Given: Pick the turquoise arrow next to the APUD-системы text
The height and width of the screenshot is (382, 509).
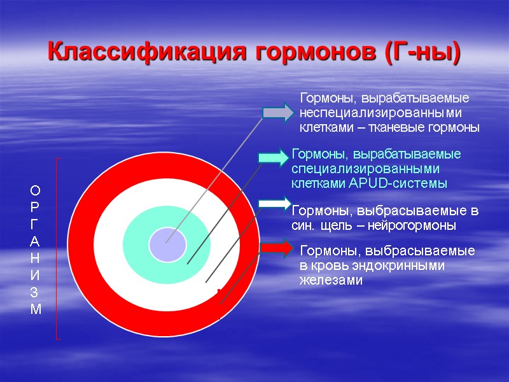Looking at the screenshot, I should click(274, 157).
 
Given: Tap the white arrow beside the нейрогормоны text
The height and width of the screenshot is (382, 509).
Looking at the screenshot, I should click(274, 203).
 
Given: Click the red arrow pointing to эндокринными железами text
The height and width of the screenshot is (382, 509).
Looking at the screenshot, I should click(277, 247).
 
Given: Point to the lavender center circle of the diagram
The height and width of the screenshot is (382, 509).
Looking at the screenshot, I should click(167, 244).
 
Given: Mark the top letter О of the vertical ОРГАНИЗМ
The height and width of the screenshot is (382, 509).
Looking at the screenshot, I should click(35, 190).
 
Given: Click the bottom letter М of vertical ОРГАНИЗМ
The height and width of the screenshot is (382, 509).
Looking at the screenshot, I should click(35, 310).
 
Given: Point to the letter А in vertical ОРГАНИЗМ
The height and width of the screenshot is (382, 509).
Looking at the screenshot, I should click(35, 241).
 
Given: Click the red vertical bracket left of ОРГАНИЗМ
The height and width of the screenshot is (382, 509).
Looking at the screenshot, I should click(57, 248).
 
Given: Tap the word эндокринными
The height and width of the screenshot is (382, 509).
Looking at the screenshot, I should click(405, 266).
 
